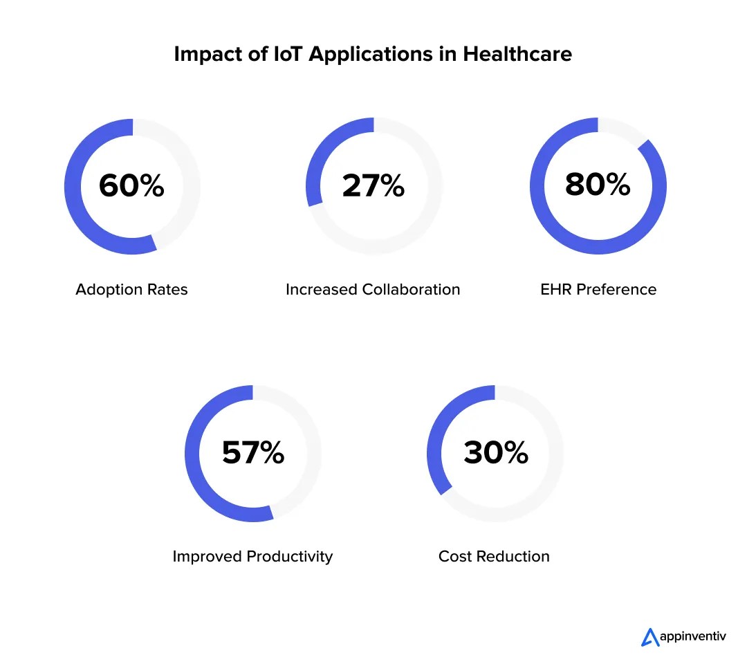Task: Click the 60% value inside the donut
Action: pyautogui.click(x=131, y=185)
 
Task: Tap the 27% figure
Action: pyautogui.click(x=373, y=185)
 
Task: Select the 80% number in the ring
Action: pyautogui.click(x=598, y=184)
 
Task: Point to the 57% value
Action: pyautogui.click(x=252, y=452)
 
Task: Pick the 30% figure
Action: pyautogui.click(x=495, y=452)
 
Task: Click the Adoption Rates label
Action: pyautogui.click(x=131, y=289)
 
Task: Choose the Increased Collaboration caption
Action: pyautogui.click(x=373, y=289)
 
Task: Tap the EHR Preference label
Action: pyautogui.click(x=598, y=289)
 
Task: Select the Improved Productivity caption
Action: pyautogui.click(x=252, y=556)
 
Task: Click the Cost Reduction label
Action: pyautogui.click(x=494, y=556)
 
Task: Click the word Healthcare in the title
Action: pyautogui.click(x=517, y=54)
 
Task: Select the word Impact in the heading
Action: pyautogui.click(x=206, y=54)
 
